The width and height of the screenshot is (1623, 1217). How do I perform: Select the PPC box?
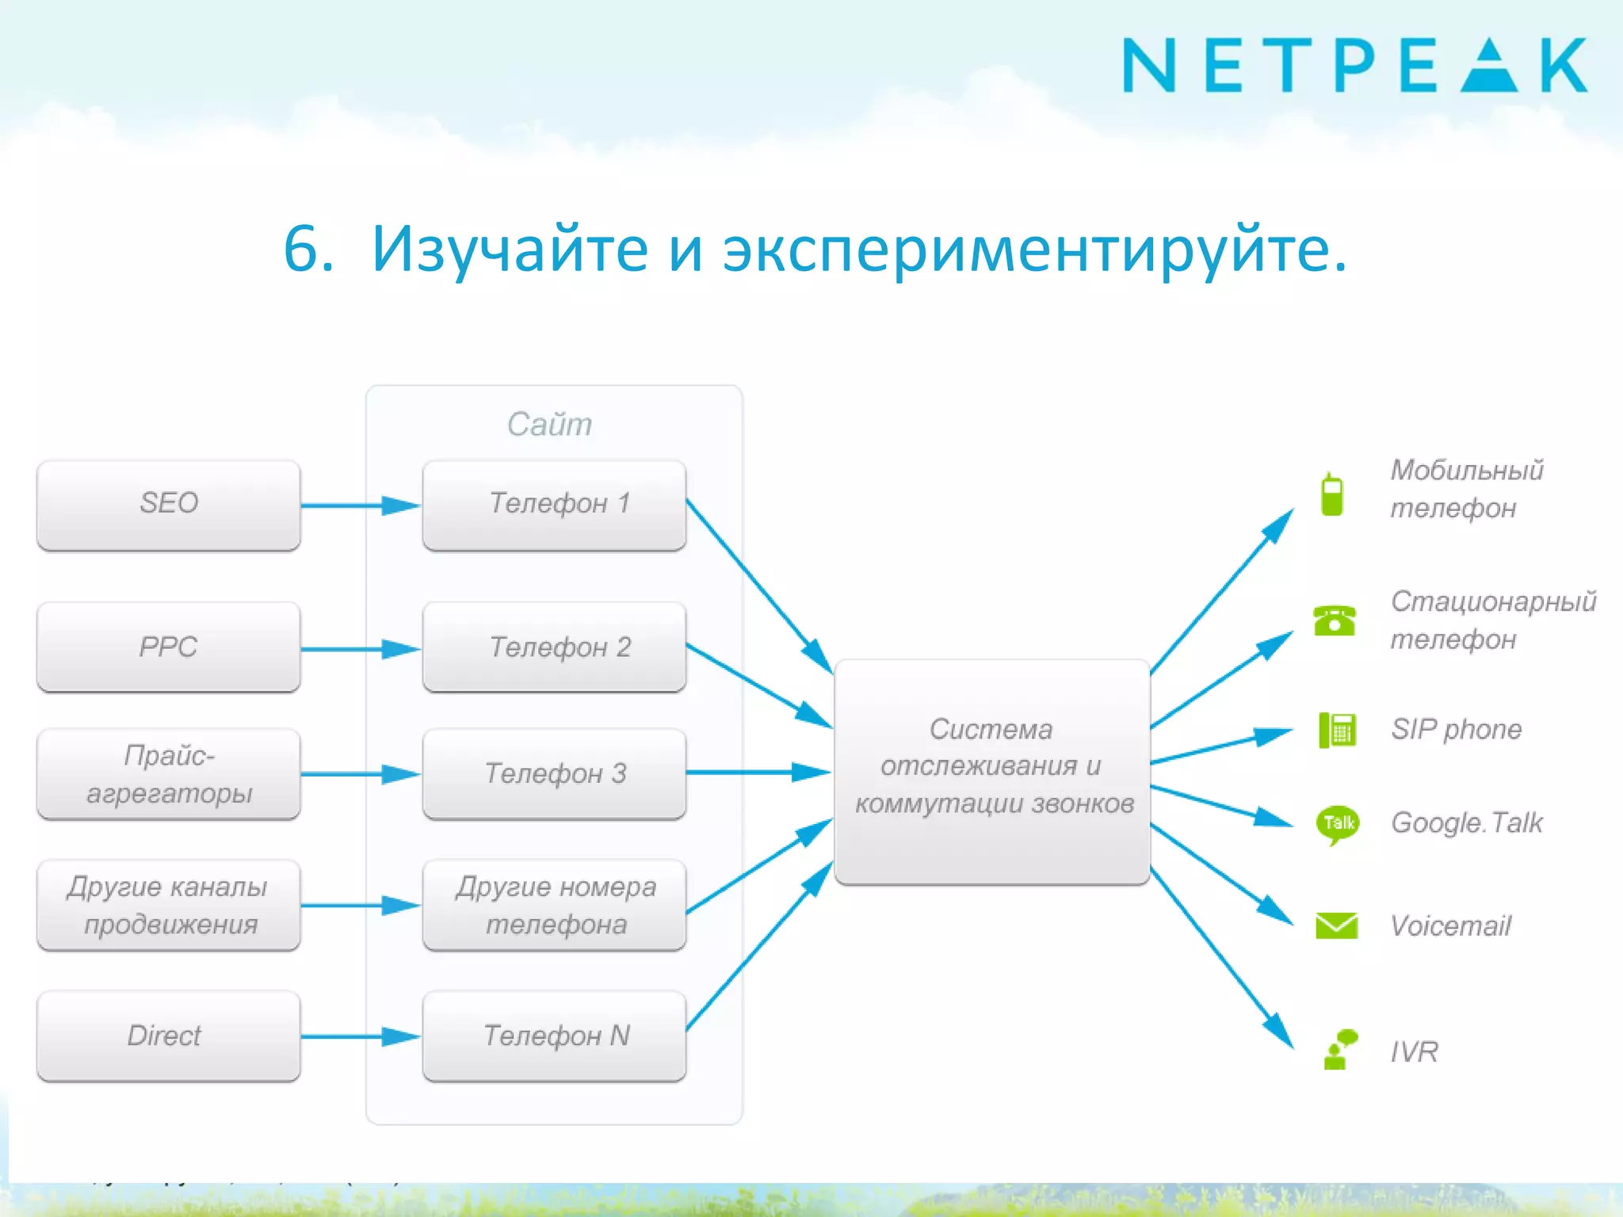coord(169,647)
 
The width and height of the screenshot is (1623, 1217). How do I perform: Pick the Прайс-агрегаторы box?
coord(169,774)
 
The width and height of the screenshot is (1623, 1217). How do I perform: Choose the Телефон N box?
coord(554,1036)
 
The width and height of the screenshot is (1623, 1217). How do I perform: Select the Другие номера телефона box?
coord(554,905)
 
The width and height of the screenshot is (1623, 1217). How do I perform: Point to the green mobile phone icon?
coord(1332,494)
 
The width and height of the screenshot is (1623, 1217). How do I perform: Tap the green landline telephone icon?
coord(1335,620)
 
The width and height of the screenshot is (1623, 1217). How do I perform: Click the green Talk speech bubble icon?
coord(1337,824)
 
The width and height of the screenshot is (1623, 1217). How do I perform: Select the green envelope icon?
coord(1336,925)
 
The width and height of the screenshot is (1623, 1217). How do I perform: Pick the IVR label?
coord(1414,1051)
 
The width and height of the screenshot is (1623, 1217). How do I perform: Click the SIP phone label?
coord(1456,729)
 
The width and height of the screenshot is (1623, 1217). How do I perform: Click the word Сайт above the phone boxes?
coord(549,425)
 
